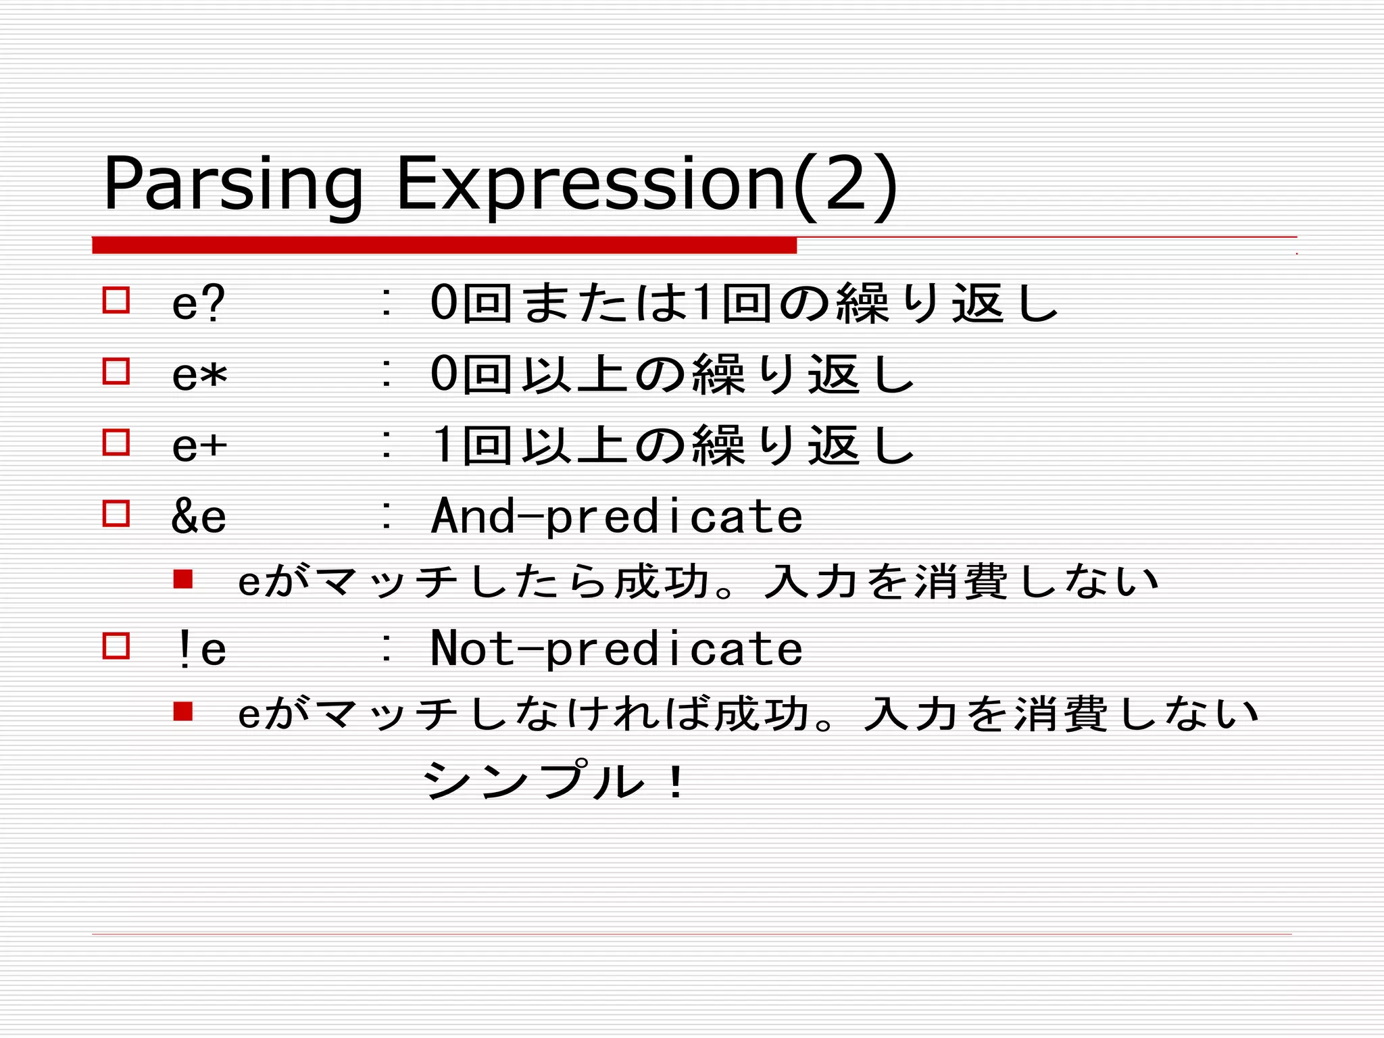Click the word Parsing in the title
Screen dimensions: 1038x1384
click(232, 184)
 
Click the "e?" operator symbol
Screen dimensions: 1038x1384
click(198, 303)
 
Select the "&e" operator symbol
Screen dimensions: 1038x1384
click(199, 516)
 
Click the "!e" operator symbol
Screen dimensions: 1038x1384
click(199, 649)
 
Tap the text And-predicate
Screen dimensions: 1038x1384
click(616, 516)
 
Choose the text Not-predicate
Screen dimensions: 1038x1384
click(616, 649)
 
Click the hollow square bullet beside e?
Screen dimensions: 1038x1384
click(116, 299)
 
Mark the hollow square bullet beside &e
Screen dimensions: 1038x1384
click(116, 513)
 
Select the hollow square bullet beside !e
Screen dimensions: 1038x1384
click(116, 645)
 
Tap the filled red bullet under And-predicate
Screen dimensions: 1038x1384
click(183, 579)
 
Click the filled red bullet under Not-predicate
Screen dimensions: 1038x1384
click(183, 712)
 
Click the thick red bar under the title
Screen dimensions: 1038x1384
click(444, 245)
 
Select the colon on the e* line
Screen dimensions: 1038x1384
click(386, 374)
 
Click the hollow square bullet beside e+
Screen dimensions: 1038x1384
click(116, 442)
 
